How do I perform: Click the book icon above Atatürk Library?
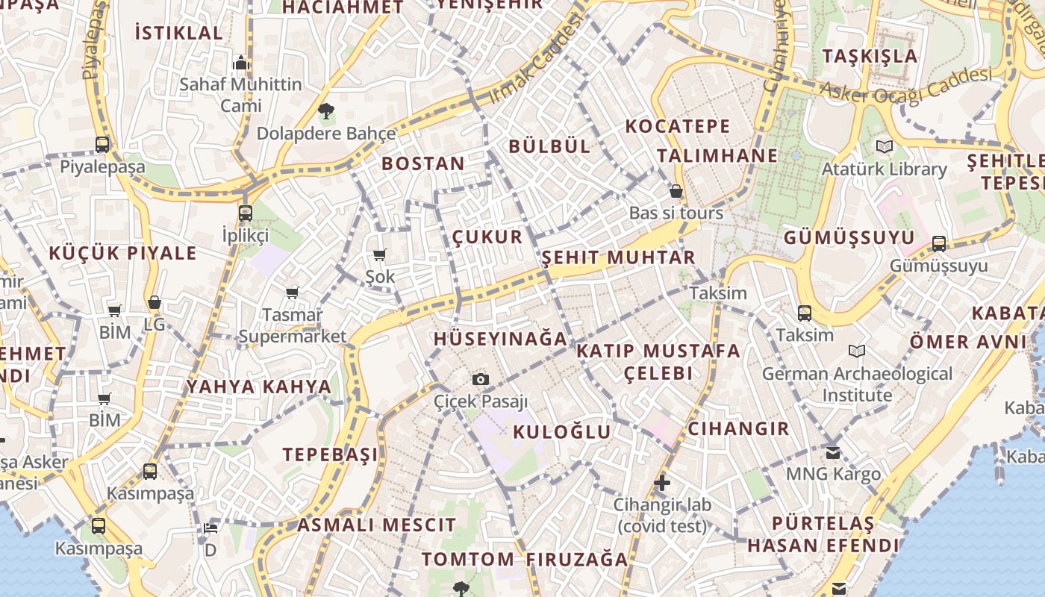[885, 146]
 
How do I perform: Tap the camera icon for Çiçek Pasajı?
[481, 379]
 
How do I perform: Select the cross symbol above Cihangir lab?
[662, 483]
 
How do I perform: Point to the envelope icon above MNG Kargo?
[833, 452]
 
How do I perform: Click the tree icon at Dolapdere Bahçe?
[325, 112]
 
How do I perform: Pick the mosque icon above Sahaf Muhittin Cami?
[240, 63]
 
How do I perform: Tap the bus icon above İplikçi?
[245, 213]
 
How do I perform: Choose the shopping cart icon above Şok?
[379, 255]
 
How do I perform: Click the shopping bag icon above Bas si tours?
[676, 191]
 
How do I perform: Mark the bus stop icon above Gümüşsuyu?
[939, 243]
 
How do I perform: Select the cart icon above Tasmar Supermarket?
[292, 293]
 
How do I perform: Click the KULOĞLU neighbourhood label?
[562, 431]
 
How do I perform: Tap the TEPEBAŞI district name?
[330, 454]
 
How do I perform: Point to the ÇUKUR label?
[487, 237]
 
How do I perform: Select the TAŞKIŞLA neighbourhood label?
[870, 56]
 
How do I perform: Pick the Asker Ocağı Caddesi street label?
[906, 84]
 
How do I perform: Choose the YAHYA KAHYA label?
[258, 387]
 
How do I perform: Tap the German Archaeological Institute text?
[857, 384]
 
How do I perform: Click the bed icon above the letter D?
[210, 528]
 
